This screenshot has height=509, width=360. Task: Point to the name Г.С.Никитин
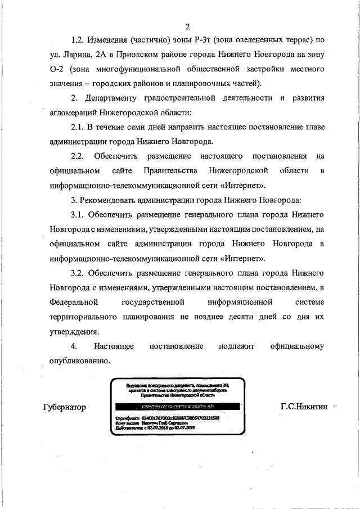[x=304, y=407]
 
